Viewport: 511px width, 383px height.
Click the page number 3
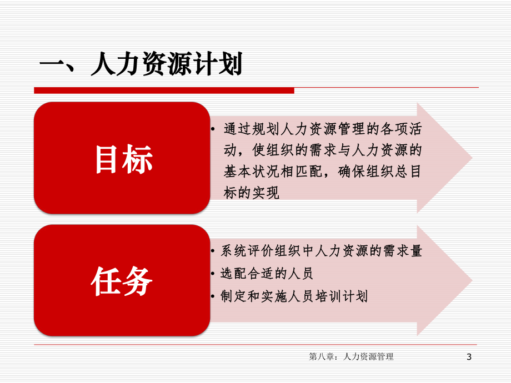pyautogui.click(x=469, y=357)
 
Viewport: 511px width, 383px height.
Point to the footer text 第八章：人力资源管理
pyautogui.click(x=351, y=357)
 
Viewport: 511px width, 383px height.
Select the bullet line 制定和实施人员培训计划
pyautogui.click(x=294, y=296)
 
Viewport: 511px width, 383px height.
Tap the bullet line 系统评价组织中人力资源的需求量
pyautogui.click(x=321, y=251)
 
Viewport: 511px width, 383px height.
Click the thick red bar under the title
pyautogui.click(x=164, y=90)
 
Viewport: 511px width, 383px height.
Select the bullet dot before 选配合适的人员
pyautogui.click(x=214, y=274)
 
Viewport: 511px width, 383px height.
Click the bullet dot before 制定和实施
pyautogui.click(x=214, y=297)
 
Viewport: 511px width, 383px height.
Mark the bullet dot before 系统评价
pyautogui.click(x=214, y=251)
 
